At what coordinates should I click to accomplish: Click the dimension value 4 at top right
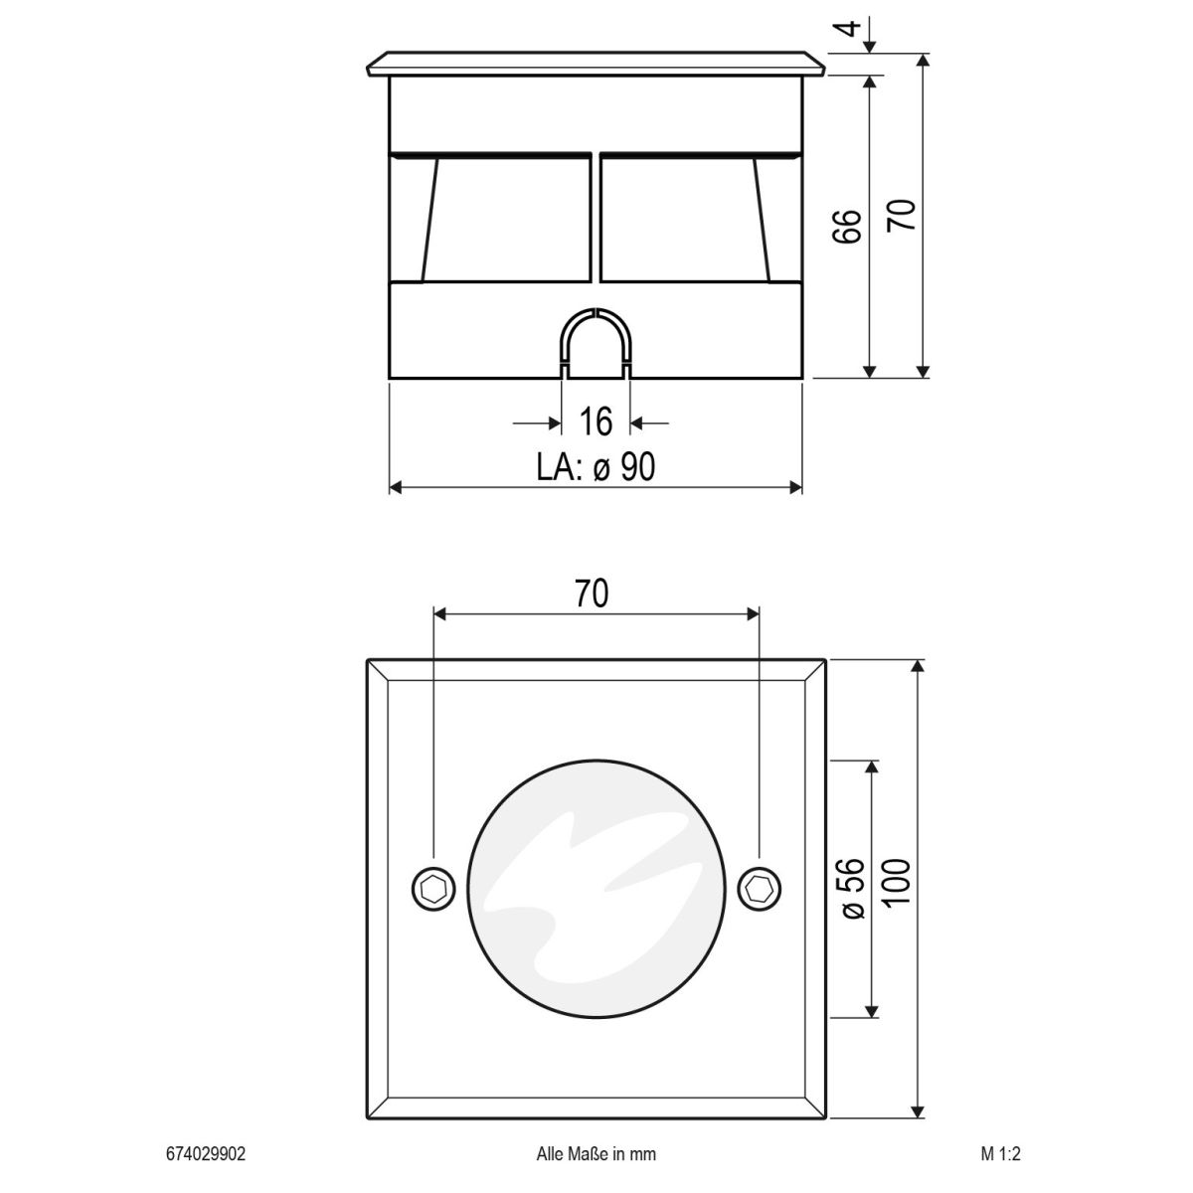[848, 26]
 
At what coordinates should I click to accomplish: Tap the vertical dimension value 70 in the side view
[901, 215]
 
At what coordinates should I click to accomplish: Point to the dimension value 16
[596, 423]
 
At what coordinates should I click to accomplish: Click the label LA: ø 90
[596, 465]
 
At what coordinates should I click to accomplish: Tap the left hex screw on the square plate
[433, 887]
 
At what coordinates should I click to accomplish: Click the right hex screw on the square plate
[761, 887]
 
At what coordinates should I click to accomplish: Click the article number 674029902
[205, 1154]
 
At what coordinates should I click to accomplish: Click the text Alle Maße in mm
[596, 1154]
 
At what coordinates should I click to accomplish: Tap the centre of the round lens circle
[596, 887]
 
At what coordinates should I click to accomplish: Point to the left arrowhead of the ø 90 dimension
[395, 487]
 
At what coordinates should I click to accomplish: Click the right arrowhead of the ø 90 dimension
[794, 487]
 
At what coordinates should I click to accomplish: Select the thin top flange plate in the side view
[596, 64]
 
